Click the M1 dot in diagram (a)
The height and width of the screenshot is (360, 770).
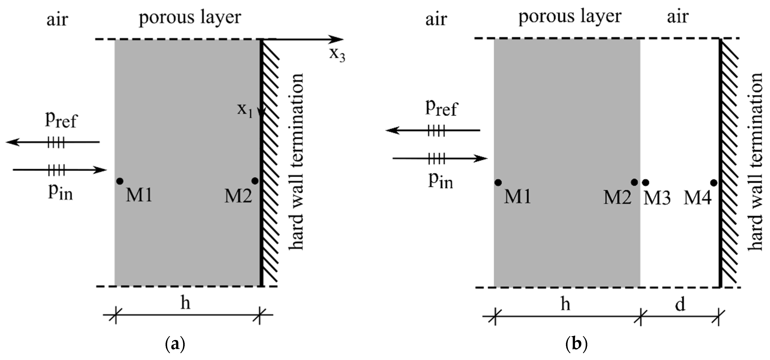(120, 181)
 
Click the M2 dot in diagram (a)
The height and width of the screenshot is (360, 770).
(255, 181)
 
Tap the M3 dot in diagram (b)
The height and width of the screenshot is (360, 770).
(645, 182)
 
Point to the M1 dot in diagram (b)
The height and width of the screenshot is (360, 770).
(498, 182)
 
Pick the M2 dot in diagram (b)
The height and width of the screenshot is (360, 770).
(634, 182)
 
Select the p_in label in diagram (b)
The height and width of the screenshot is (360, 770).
(441, 181)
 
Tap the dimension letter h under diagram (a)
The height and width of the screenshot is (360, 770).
(185, 303)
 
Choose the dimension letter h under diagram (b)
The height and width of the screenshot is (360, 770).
(565, 304)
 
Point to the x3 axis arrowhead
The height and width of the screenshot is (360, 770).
(338, 39)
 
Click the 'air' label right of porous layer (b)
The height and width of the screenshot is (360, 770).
(678, 17)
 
